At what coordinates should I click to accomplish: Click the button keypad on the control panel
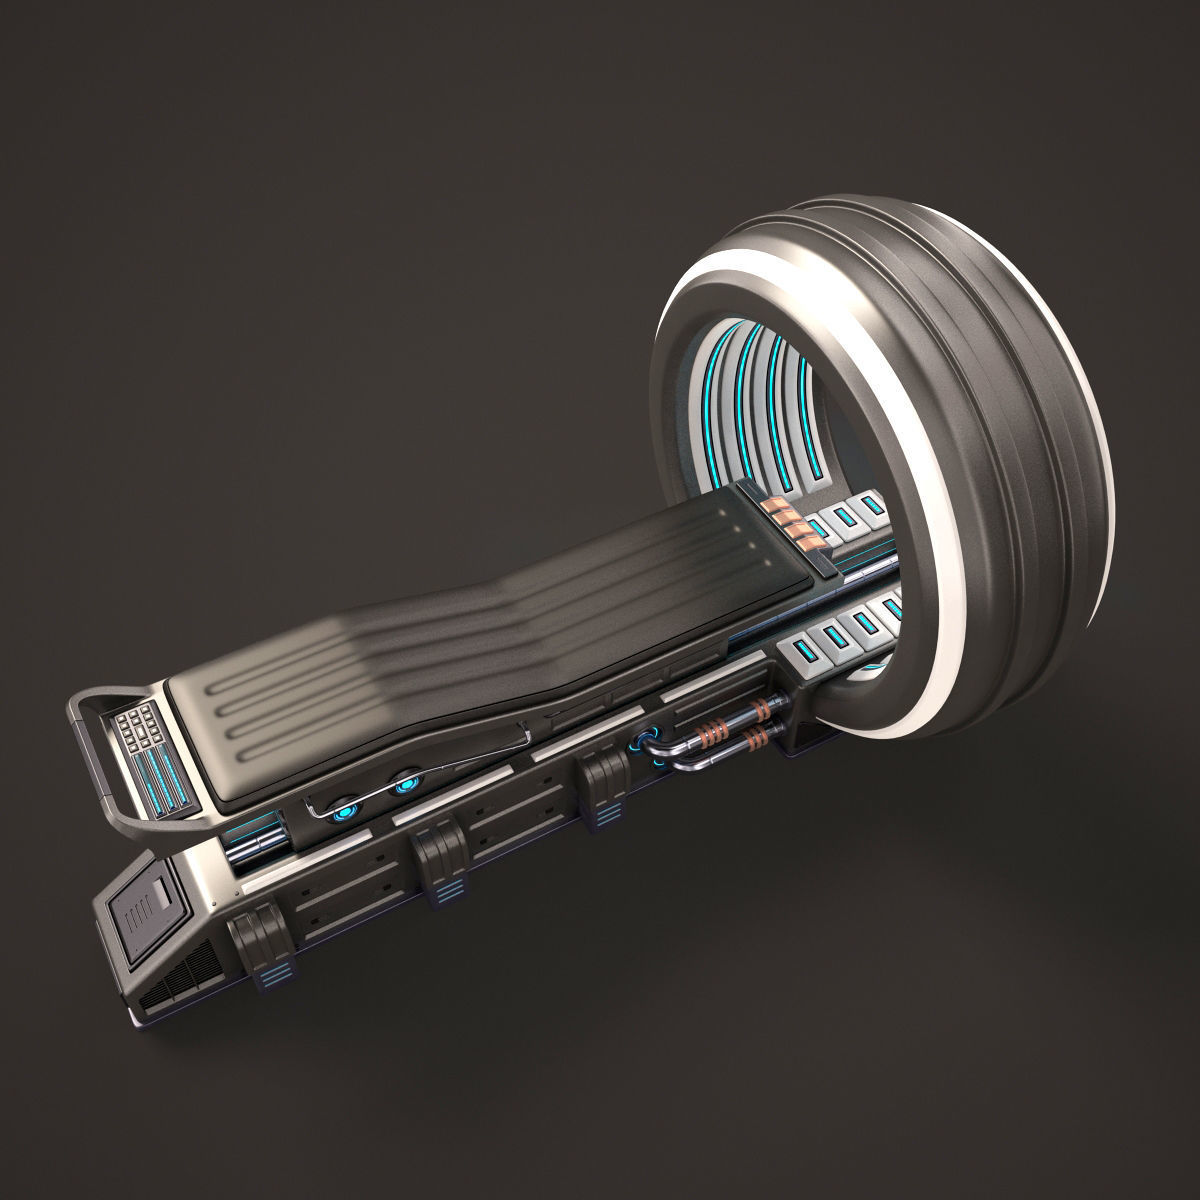[136, 721]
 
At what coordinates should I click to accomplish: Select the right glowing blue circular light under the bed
[404, 786]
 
